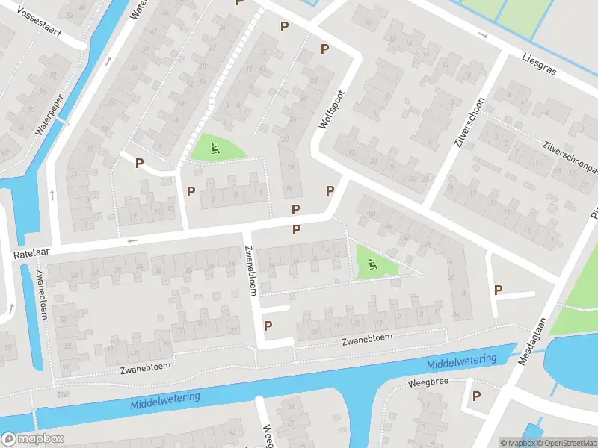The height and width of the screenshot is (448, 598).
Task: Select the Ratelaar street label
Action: click(28, 255)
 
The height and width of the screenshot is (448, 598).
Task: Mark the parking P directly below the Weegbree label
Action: click(475, 396)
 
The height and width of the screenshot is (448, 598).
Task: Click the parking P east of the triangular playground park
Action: click(498, 290)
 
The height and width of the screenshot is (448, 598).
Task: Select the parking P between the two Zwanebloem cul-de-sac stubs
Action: click(268, 325)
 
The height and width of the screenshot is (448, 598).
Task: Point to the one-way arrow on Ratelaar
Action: click(133, 240)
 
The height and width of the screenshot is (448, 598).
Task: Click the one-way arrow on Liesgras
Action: click(483, 35)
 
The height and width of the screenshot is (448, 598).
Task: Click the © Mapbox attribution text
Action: click(518, 443)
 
